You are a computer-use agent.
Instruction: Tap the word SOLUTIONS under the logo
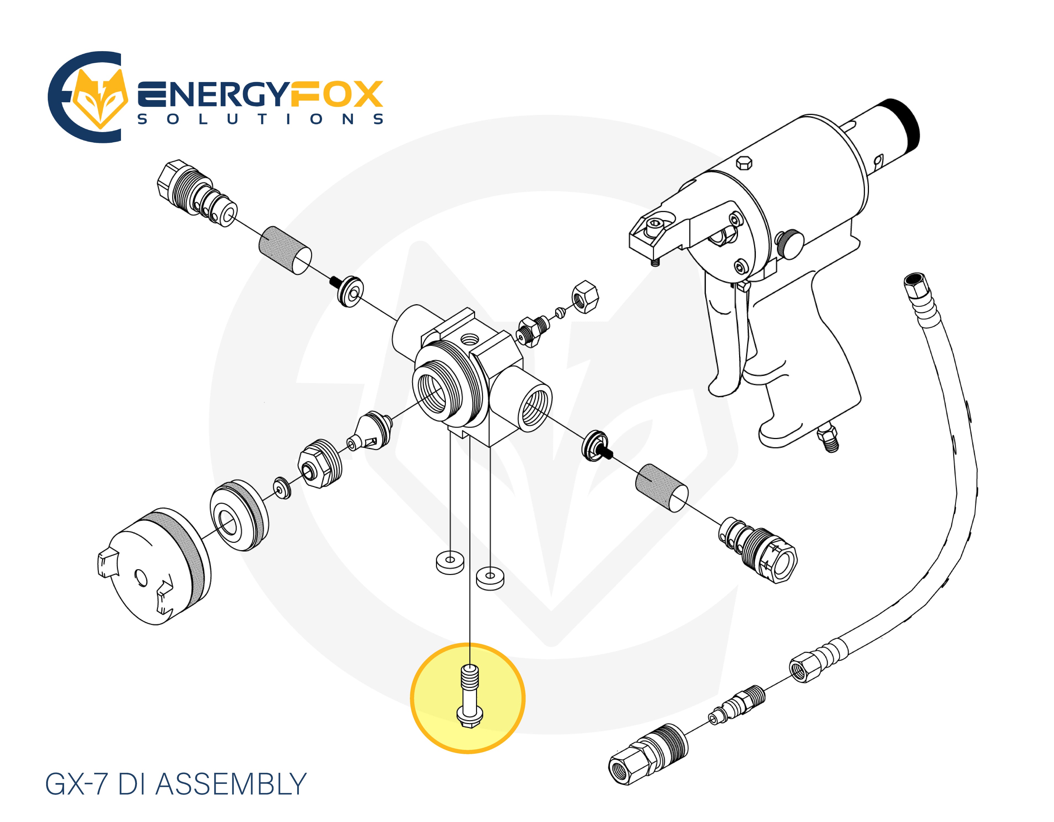click(x=261, y=119)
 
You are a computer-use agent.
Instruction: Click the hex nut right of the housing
click(x=585, y=297)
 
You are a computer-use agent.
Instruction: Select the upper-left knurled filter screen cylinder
click(x=285, y=250)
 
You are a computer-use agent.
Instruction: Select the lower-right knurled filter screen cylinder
click(x=661, y=487)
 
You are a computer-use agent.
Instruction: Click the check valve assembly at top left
click(x=196, y=193)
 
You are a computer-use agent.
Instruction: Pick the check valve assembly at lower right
click(x=758, y=550)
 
